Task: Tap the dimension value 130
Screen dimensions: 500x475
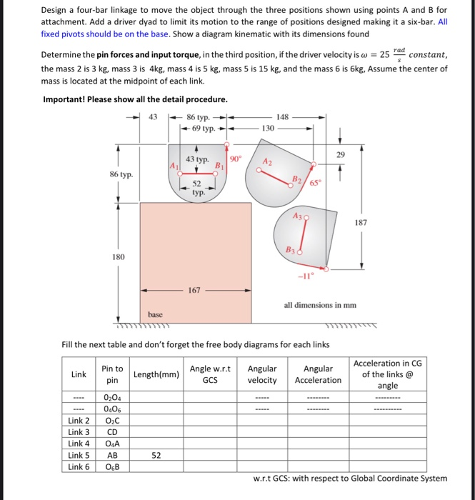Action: pos(268,129)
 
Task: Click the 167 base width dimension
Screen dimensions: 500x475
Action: pos(195,291)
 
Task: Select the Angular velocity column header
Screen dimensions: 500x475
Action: pos(262,374)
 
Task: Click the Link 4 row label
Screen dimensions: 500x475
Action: pos(79,443)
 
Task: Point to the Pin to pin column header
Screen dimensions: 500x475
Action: pos(112,374)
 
